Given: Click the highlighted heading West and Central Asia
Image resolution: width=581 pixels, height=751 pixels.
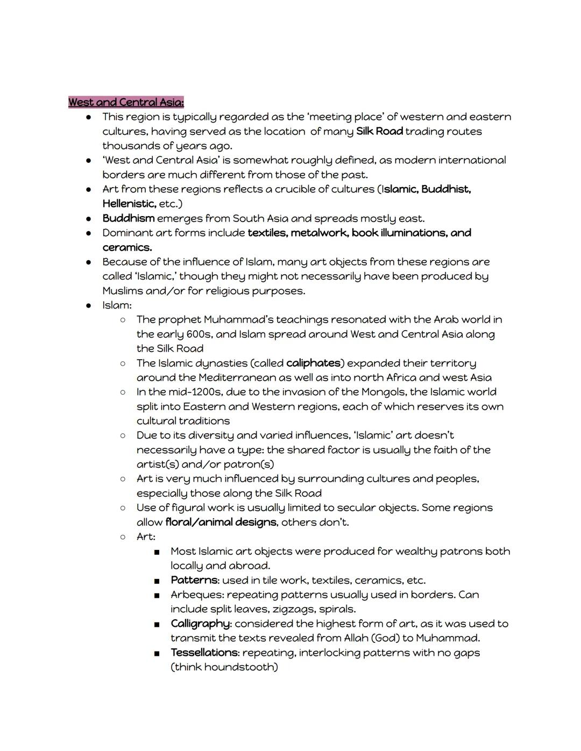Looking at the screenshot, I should [126, 102].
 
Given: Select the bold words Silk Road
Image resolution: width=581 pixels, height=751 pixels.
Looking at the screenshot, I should [379, 131].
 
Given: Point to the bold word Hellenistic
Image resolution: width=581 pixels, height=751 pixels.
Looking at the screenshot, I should [129, 204].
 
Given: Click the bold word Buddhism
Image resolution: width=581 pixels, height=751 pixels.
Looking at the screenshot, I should [129, 218].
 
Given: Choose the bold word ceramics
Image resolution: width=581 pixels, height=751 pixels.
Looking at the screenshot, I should [127, 247].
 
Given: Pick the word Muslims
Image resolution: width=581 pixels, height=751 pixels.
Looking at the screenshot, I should [123, 291].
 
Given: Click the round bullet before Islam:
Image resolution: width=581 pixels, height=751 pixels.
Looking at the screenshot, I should [88, 305].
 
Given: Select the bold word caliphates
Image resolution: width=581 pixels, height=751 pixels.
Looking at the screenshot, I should [313, 363].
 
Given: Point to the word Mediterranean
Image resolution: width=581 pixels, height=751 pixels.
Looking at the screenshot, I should [245, 377].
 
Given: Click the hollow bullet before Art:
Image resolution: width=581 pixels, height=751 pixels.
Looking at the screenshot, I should [123, 537].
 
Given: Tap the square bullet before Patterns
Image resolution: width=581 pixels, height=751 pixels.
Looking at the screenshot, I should [157, 581].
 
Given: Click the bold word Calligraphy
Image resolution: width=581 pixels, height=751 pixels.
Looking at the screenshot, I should [201, 624].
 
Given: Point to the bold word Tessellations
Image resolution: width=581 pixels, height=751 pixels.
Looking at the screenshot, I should [204, 653].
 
